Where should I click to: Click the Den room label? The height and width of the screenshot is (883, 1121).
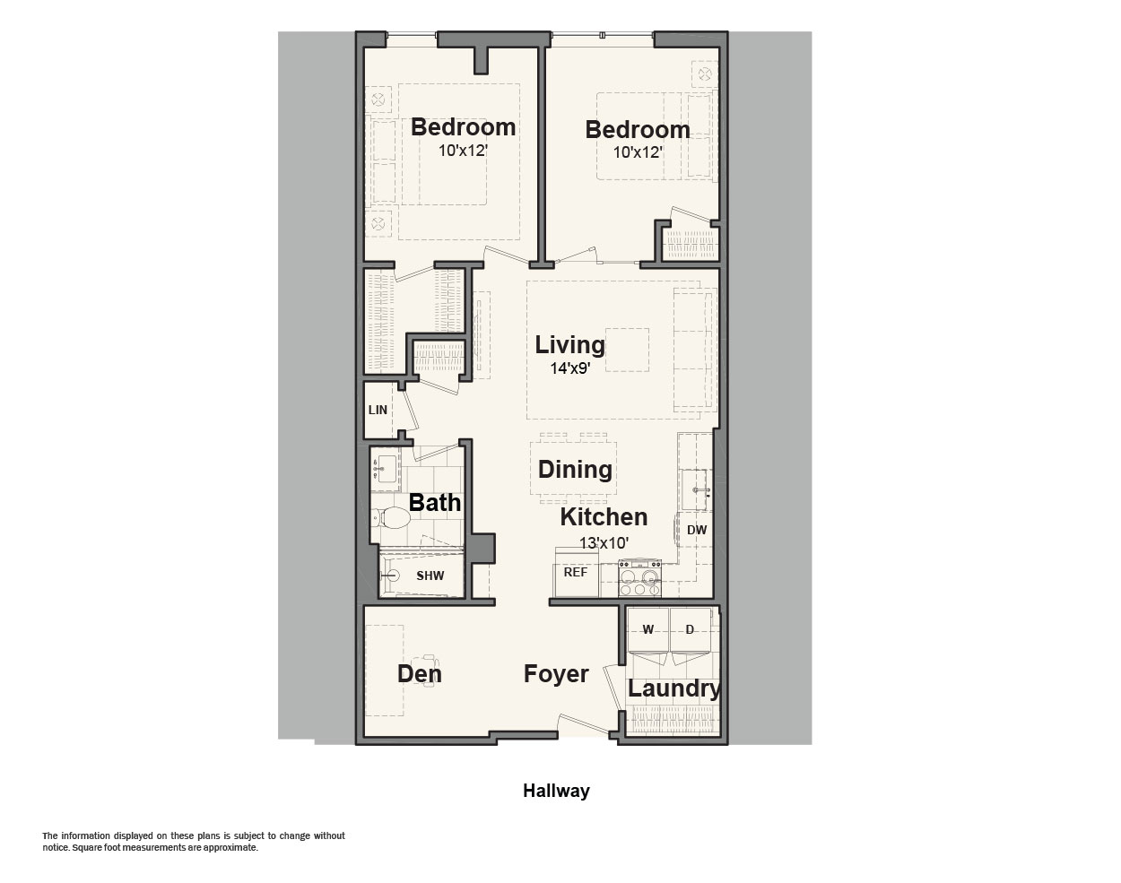(420, 674)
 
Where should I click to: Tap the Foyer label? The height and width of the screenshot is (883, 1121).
(556, 674)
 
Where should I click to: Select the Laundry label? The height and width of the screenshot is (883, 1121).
(674, 688)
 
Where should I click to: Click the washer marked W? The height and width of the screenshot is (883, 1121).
(648, 629)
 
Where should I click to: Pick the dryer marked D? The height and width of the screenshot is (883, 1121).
(691, 629)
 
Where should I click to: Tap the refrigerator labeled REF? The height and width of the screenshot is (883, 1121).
(576, 572)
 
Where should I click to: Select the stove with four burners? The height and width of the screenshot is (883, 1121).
(639, 578)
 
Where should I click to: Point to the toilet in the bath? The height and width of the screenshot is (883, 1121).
(391, 518)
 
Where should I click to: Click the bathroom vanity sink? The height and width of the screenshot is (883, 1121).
(385, 469)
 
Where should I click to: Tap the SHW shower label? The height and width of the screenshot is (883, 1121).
(430, 576)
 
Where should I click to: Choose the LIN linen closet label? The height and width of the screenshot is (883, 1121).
(378, 411)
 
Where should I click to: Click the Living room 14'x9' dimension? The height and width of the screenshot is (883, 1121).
(570, 368)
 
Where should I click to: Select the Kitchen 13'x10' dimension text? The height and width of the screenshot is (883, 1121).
(604, 543)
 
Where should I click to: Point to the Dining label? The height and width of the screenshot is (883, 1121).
(575, 469)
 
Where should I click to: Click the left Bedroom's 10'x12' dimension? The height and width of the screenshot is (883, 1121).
(463, 151)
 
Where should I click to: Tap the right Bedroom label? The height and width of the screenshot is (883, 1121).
(638, 130)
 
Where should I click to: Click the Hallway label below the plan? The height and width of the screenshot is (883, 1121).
(556, 791)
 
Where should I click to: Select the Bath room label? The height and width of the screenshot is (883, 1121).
(435, 503)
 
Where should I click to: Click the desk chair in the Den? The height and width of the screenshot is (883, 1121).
(430, 671)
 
